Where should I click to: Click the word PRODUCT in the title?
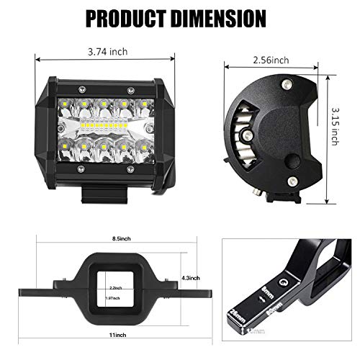(127, 17)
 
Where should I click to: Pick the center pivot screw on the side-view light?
(246, 135)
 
